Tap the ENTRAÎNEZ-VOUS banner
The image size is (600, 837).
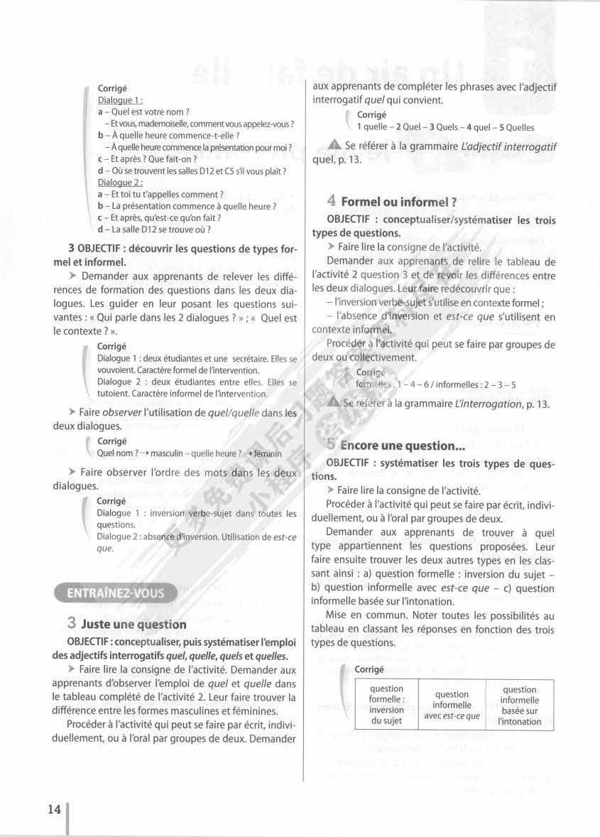point(115,593)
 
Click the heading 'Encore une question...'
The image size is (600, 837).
point(401,445)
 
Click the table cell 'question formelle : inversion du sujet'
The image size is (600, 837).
point(386,704)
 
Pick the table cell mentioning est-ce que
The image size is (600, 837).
point(452,705)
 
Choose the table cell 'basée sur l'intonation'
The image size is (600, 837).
point(519,705)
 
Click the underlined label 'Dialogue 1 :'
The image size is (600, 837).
point(121,101)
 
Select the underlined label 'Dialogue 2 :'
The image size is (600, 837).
point(121,183)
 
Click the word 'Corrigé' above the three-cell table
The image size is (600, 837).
point(369,669)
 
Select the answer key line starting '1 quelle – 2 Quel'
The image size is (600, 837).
point(445,127)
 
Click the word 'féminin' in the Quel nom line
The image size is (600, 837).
point(268,453)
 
